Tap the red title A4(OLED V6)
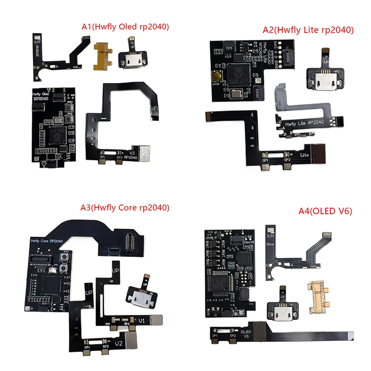pos(323,211)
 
